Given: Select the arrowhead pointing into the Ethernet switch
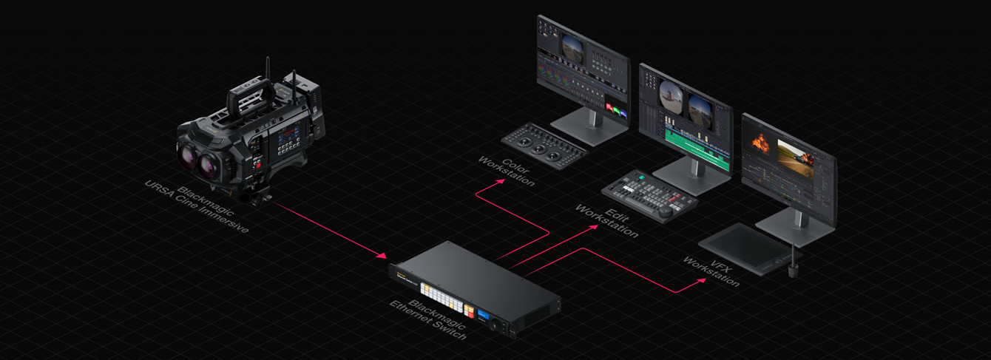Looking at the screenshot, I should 382,256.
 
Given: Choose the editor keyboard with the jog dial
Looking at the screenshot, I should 649,194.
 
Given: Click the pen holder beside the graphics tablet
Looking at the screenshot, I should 794,268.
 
